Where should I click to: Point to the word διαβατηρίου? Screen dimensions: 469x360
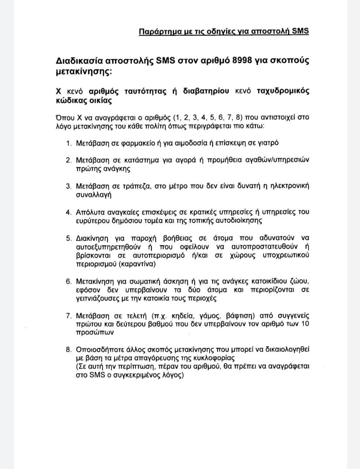click(x=206, y=91)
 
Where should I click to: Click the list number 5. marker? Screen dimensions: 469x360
click(x=69, y=238)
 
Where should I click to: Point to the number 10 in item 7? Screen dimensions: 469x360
click(x=305, y=324)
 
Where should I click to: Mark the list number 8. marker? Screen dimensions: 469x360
click(x=69, y=350)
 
